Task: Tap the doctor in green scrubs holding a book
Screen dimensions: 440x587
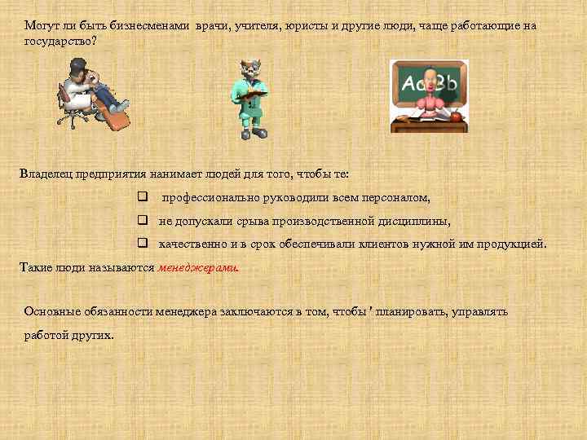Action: (252, 99)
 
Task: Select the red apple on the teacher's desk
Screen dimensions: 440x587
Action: (456, 117)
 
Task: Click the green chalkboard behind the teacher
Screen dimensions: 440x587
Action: (428, 81)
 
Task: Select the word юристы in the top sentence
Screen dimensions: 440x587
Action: (302, 26)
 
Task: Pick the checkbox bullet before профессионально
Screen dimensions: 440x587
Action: (142, 197)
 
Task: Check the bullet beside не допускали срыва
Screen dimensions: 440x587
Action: (142, 220)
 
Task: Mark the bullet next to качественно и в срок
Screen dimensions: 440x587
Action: (142, 243)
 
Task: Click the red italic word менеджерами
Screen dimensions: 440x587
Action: (198, 266)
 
